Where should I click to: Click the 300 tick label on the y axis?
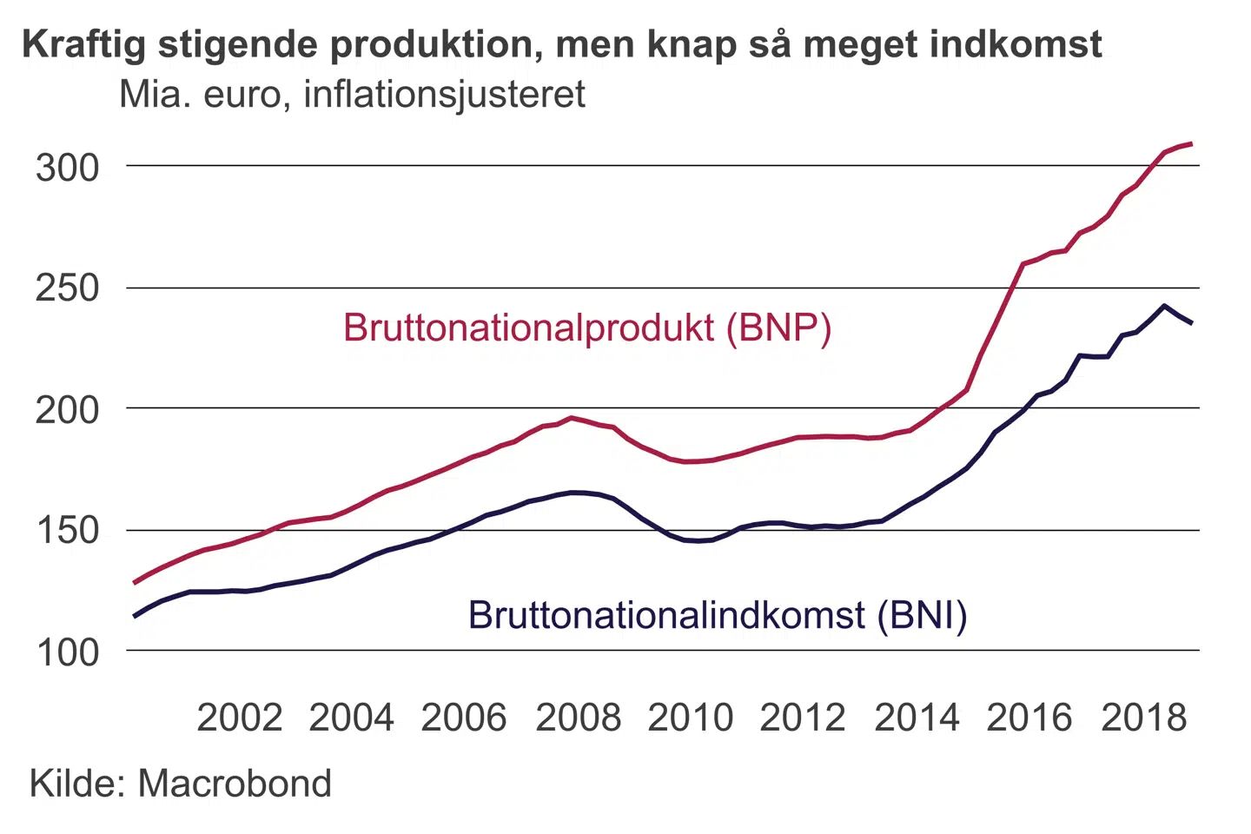click(68, 168)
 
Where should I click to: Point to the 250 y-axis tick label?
click(68, 288)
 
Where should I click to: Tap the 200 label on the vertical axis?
click(68, 410)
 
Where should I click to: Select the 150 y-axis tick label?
click(68, 531)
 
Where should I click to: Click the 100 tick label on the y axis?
click(68, 652)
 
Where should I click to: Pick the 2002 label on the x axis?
click(240, 718)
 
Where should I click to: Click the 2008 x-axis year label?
click(579, 718)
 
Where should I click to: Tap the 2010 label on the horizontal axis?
click(691, 718)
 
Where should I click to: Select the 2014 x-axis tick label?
click(917, 718)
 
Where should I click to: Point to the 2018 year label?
click(1143, 718)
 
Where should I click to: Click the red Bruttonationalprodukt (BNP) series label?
click(587, 328)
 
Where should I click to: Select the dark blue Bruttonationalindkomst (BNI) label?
click(718, 615)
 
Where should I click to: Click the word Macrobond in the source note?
click(235, 784)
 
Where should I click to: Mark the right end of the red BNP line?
click(1191, 143)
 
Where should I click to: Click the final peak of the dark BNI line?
click(1164, 306)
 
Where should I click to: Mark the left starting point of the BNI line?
click(135, 617)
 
